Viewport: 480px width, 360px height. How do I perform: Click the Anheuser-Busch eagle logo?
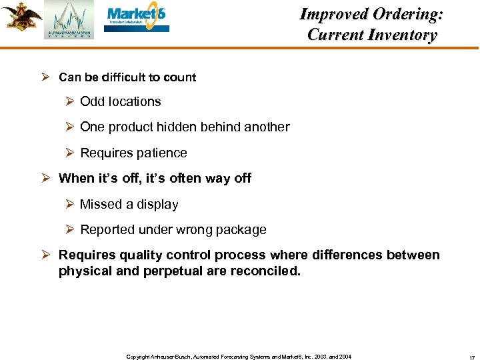(21, 17)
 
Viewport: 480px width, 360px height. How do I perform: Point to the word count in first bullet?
(181, 77)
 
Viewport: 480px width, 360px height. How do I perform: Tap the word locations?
(135, 102)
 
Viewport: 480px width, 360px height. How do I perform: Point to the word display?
(157, 205)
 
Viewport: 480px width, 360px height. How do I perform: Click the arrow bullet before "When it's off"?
(47, 179)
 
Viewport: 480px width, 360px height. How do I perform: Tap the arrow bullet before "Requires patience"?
(69, 153)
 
